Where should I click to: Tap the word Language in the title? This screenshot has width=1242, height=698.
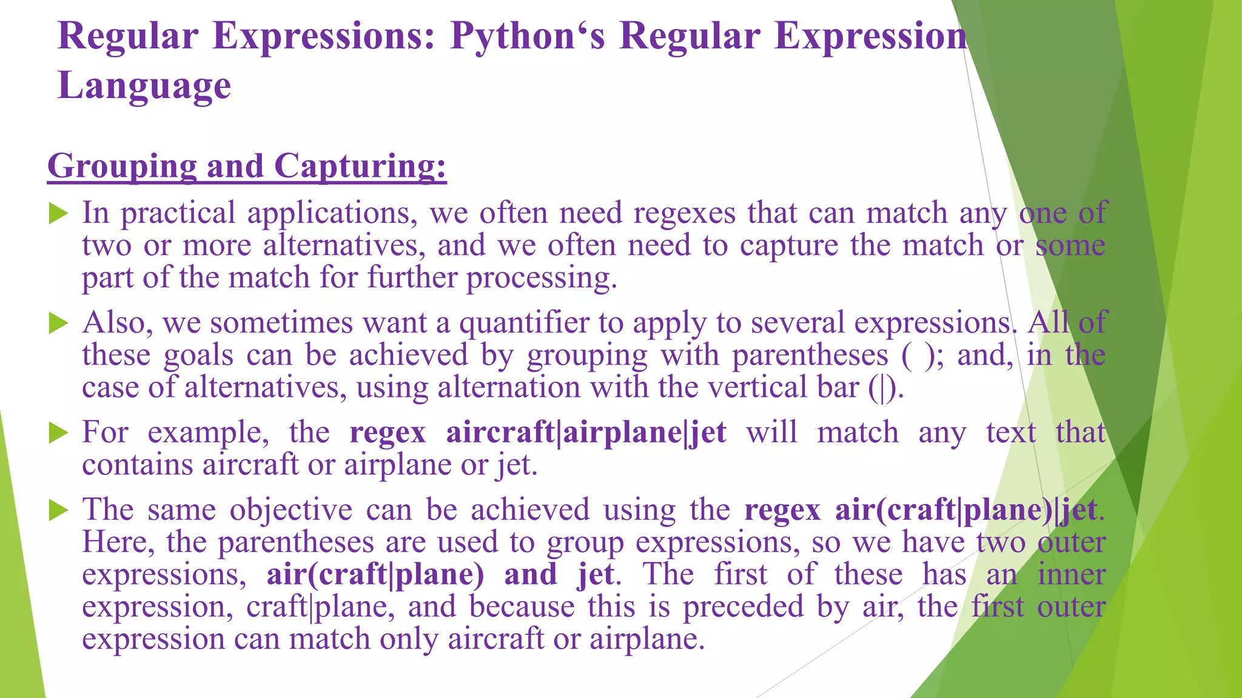tap(144, 85)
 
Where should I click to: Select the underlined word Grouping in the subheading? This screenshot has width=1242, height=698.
tap(121, 166)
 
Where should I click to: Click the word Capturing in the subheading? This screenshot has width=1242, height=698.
tap(360, 166)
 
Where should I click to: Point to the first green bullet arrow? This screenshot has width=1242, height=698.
tap(58, 213)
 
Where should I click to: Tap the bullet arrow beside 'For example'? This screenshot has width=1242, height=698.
tap(58, 433)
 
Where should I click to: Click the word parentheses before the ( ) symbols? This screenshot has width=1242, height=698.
tap(810, 356)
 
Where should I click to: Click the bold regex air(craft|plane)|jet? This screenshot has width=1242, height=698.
tap(966, 510)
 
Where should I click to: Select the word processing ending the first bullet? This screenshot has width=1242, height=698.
tap(541, 279)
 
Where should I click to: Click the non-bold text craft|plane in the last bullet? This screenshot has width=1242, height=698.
tap(320, 607)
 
